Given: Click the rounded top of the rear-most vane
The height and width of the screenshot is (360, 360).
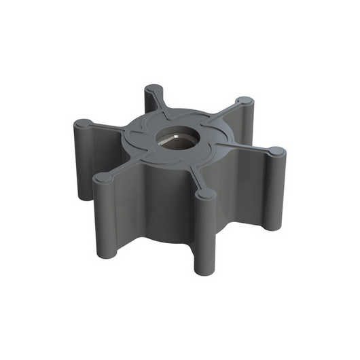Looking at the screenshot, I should [x=154, y=90].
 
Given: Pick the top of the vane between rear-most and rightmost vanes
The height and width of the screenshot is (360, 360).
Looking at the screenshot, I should [x=242, y=103].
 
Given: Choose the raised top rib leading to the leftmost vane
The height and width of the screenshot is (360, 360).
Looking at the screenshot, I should [x=109, y=128].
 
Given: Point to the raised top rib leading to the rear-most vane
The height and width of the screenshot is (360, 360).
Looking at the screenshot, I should [x=159, y=106].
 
